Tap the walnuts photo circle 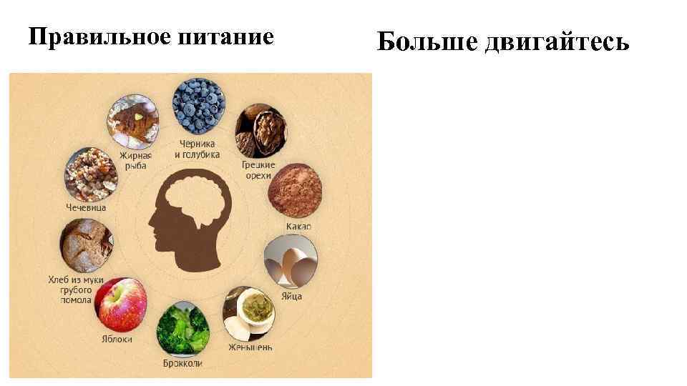[260, 130]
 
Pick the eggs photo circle [289, 262]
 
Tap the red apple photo [120, 305]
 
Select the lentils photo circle [90, 174]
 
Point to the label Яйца [291, 296]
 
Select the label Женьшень [250, 347]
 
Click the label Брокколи [182, 363]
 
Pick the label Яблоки [115, 339]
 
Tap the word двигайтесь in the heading [557, 43]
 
